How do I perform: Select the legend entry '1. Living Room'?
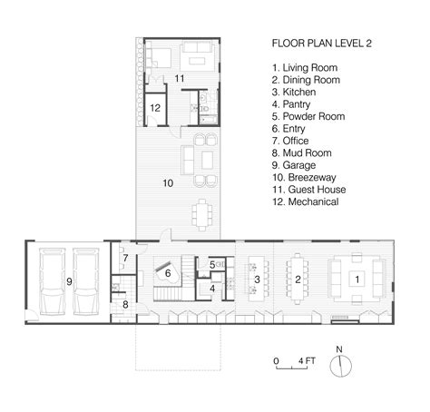[x=303, y=67]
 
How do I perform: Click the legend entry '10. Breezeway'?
[x=307, y=178]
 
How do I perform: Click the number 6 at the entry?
[x=167, y=271]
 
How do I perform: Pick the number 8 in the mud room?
[x=125, y=304]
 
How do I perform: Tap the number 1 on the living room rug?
[x=357, y=279]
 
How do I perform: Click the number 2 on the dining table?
[x=297, y=280]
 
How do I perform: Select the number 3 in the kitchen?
[x=257, y=280]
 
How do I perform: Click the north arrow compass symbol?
[x=344, y=364]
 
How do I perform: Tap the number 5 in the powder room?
[x=212, y=264]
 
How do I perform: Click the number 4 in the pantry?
[x=212, y=289]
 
